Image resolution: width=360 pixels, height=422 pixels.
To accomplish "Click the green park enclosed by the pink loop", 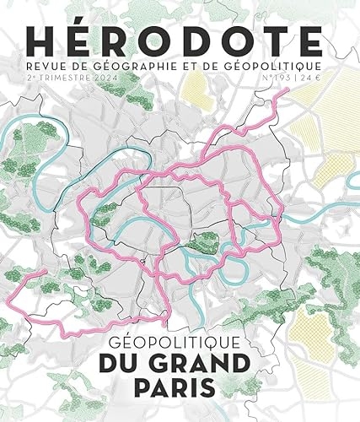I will pos(203,245).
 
